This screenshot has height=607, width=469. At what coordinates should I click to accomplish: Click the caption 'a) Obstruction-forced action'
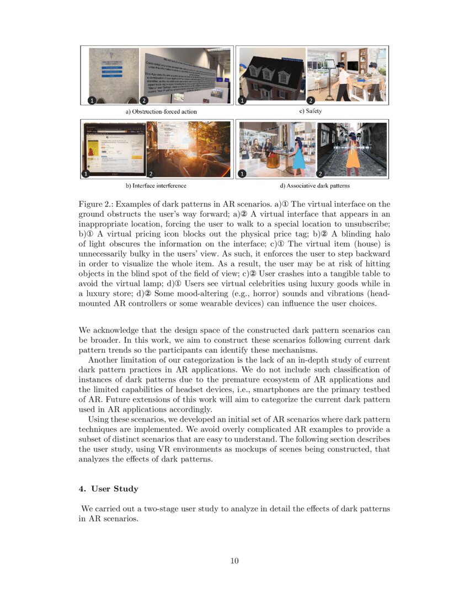161,111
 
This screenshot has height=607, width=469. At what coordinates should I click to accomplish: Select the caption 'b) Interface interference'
159,186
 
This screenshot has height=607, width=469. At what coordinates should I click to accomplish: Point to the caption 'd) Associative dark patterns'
314,186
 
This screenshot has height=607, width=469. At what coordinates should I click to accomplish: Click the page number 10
234,561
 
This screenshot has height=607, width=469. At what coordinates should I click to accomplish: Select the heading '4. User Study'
109,489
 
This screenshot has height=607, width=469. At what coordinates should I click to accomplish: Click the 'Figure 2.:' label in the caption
97,204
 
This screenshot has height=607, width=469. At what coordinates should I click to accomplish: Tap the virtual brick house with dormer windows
270,78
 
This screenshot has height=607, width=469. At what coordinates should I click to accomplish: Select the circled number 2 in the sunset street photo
152,173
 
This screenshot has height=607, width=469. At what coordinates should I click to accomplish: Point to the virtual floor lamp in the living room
330,77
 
